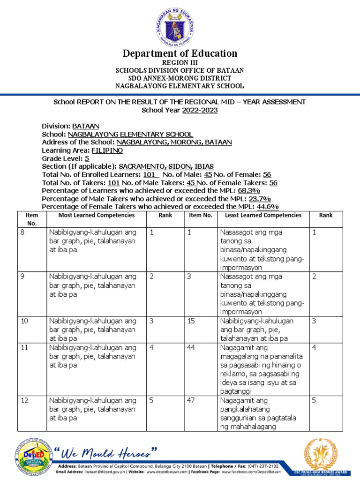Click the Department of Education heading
(180, 53)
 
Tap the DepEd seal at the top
(180, 23)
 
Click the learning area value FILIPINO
(107, 150)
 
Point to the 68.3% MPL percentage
(249, 191)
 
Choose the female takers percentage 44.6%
(267, 207)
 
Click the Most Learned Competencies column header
(96, 215)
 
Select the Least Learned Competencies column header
(263, 215)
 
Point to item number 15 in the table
(193, 321)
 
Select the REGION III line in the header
(180, 62)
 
